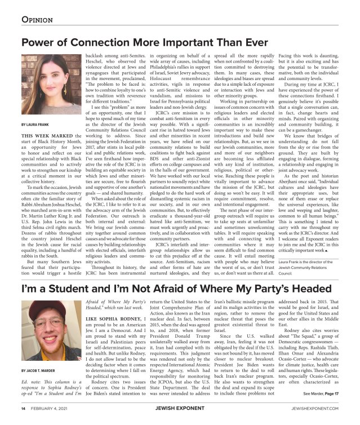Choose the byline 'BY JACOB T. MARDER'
[40, 371]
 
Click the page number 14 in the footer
[23, 409]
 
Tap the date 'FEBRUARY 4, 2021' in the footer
[51, 409]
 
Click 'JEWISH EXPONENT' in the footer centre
[179, 409]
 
